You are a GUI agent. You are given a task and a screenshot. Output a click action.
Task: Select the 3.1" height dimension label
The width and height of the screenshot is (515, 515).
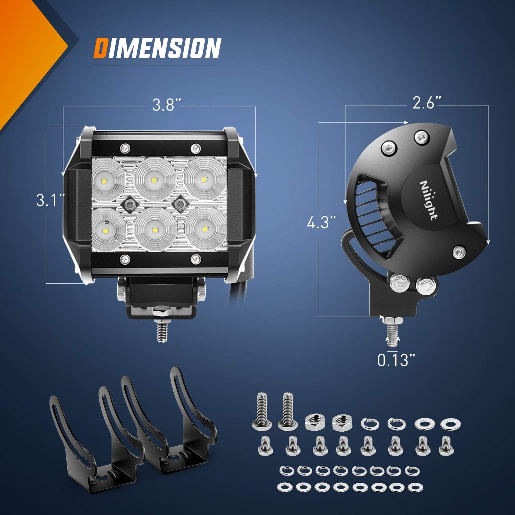click(x=50, y=200)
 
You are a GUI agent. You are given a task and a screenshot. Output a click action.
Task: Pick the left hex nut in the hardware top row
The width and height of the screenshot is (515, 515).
click(x=313, y=421)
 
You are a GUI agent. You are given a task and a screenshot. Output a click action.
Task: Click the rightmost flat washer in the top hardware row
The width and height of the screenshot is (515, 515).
click(x=448, y=423)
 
